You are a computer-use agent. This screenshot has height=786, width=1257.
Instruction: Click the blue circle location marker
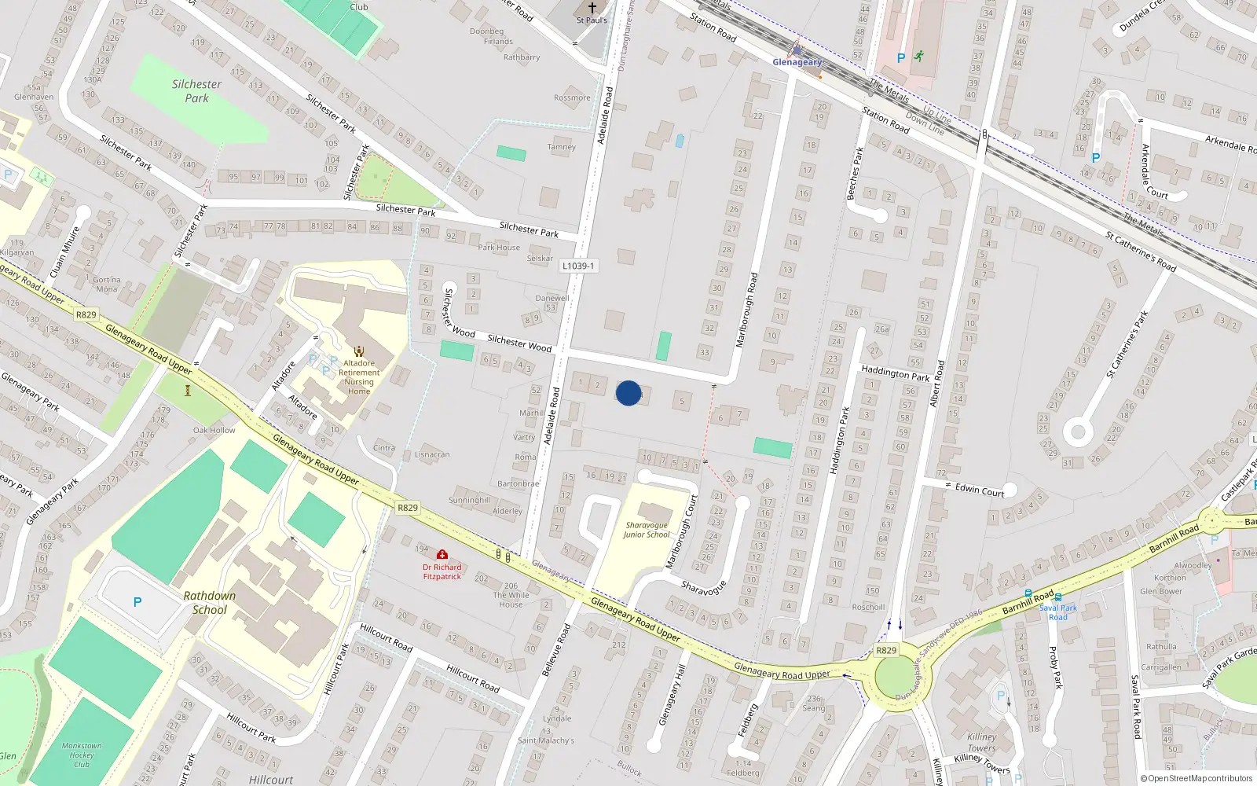coord(628,393)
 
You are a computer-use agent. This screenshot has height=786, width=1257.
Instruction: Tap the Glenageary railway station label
coord(797,62)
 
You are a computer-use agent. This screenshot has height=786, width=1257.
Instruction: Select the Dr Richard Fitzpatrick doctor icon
coord(442,555)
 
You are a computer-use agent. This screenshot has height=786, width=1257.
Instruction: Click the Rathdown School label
coord(210,603)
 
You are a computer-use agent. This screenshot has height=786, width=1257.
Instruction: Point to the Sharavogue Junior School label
coord(647,530)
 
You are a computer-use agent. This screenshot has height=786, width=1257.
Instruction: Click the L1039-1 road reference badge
coord(578,266)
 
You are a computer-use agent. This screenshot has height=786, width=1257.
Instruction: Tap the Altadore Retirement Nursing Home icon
coord(359,351)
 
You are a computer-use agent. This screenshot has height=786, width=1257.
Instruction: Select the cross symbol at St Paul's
coord(592,8)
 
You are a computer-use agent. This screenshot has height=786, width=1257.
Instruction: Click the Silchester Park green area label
coord(196,91)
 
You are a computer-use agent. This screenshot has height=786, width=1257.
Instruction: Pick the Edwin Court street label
coord(979,490)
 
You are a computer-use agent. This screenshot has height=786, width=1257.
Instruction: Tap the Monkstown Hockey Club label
coord(82,755)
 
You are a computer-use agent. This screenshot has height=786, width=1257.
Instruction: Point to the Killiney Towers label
coord(981,743)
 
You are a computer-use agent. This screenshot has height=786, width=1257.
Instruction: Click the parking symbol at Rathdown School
coord(137,602)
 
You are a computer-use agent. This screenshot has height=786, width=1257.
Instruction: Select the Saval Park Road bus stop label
coord(1058,612)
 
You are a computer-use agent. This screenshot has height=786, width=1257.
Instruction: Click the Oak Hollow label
coord(214,430)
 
